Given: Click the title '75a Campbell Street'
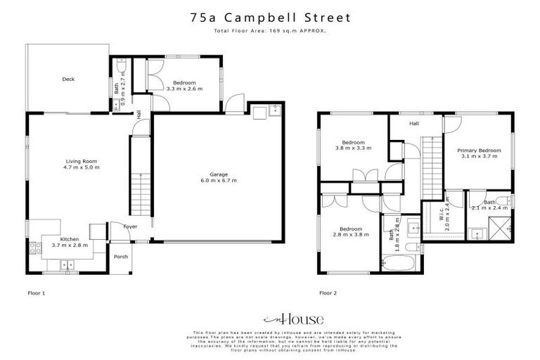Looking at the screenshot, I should pos(270,17).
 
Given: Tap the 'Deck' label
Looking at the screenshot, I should pos(68,79).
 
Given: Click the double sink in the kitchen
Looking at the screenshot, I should pos(68,264).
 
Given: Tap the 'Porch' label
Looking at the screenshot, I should pos(121,257).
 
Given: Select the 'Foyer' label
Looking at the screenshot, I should pos(130,227).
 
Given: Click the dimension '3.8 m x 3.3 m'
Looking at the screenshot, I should pos(351,148).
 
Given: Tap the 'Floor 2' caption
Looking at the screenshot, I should pos(329,292).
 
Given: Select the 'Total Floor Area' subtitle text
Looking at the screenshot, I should pos(270,31).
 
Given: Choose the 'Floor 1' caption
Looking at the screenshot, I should pos(36,292).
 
